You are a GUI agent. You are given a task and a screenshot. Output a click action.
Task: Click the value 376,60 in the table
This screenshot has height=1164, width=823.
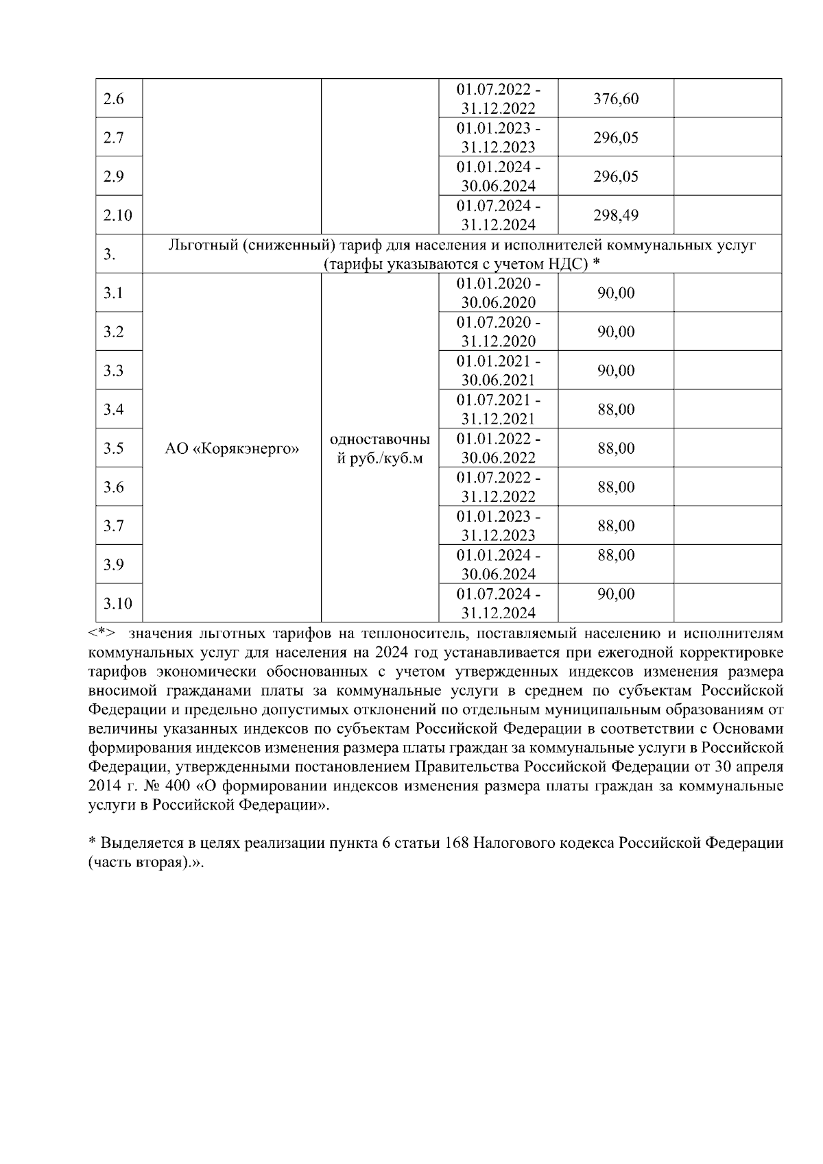click(x=615, y=99)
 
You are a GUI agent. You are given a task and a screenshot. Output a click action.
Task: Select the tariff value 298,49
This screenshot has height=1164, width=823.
click(x=615, y=215)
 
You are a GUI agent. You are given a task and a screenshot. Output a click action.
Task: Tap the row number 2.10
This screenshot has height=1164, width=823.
click(x=117, y=215)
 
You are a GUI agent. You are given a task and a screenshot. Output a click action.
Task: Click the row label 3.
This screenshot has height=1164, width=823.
click(x=109, y=254)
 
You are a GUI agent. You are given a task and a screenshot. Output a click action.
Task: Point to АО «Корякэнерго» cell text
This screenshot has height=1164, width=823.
click(x=232, y=449)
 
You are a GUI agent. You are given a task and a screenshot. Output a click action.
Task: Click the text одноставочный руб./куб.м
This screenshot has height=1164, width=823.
click(x=380, y=448)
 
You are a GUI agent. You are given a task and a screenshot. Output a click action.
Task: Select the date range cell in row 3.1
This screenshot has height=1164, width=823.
click(x=498, y=293)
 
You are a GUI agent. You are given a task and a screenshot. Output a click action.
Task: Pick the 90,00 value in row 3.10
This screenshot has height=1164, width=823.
click(x=615, y=594)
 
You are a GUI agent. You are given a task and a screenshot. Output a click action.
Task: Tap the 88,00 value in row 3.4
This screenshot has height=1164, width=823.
click(x=615, y=410)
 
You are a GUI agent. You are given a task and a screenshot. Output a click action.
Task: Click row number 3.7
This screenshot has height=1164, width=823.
click(x=113, y=526)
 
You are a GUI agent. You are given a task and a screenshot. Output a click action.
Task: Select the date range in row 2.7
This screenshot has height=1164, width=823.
click(x=498, y=138)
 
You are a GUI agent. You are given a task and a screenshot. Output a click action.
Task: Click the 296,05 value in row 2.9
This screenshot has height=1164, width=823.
click(x=615, y=176)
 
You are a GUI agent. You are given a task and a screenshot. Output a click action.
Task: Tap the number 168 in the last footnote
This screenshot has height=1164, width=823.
click(x=456, y=843)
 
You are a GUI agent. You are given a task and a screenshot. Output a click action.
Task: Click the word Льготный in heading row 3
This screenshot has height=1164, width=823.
click(x=203, y=246)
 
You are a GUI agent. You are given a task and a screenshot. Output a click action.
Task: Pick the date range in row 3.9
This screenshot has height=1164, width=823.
click(x=498, y=565)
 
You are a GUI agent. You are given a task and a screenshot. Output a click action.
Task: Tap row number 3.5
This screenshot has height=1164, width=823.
click(x=113, y=448)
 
